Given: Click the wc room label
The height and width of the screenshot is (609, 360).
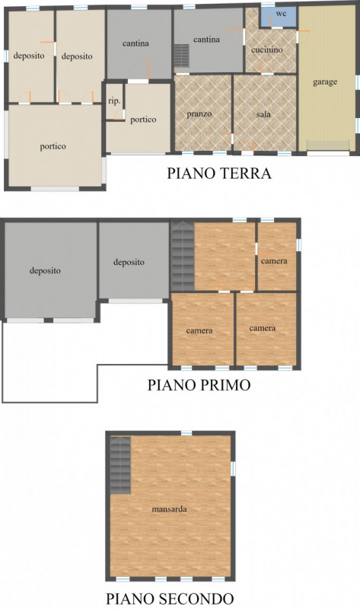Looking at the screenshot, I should (x=281, y=14).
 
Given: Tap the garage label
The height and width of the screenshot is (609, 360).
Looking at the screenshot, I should (x=325, y=81).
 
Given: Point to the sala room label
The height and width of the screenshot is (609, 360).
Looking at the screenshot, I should (x=263, y=114).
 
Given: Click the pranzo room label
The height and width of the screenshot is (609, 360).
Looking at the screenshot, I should (x=199, y=114).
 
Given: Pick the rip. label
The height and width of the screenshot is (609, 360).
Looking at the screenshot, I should (x=114, y=100).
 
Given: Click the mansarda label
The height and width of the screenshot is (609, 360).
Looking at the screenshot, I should (x=169, y=509).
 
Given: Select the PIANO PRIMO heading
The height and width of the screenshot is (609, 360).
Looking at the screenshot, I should (x=199, y=385).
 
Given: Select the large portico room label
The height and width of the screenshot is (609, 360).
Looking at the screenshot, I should (x=53, y=146).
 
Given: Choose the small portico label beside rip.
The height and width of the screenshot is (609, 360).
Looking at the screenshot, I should (x=143, y=120).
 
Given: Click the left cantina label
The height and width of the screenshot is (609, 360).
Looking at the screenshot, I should (x=135, y=43).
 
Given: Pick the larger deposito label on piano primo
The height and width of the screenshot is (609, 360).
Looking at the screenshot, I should (x=46, y=270).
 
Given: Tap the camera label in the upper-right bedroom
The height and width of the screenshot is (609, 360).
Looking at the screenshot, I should (x=274, y=262).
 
